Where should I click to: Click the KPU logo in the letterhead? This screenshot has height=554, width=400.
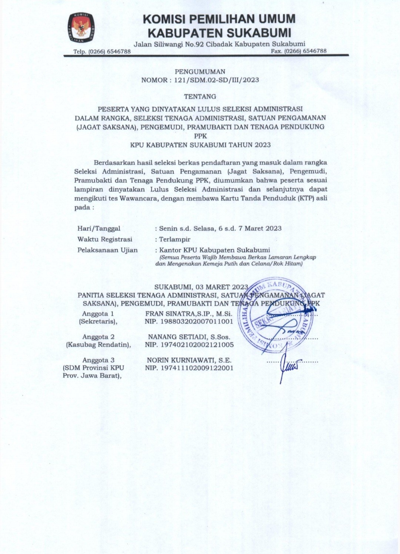pyautogui.click(x=81, y=28)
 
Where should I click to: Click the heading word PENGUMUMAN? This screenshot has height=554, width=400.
pyautogui.click(x=200, y=72)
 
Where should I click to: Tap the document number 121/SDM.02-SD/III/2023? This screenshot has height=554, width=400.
pyautogui.click(x=216, y=80)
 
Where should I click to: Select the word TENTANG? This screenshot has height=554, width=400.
pyautogui.click(x=200, y=97)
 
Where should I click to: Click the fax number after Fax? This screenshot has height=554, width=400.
pyautogui.click(x=305, y=51)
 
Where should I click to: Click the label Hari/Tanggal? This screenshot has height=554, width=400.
pyautogui.click(x=99, y=229)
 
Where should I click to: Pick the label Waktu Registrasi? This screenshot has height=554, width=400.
pyautogui.click(x=105, y=239)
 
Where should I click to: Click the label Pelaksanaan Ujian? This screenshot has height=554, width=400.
pyautogui.click(x=107, y=250)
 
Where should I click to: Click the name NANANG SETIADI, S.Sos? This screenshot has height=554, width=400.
pyautogui.click(x=189, y=337)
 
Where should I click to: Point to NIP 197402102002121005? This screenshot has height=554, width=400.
pyautogui.click(x=189, y=345)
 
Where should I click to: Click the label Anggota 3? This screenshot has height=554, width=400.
pyautogui.click(x=99, y=360)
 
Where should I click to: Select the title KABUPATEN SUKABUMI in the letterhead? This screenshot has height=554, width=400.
pyautogui.click(x=219, y=33)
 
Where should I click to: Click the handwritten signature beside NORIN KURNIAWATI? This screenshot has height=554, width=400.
pyautogui.click(x=287, y=366)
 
